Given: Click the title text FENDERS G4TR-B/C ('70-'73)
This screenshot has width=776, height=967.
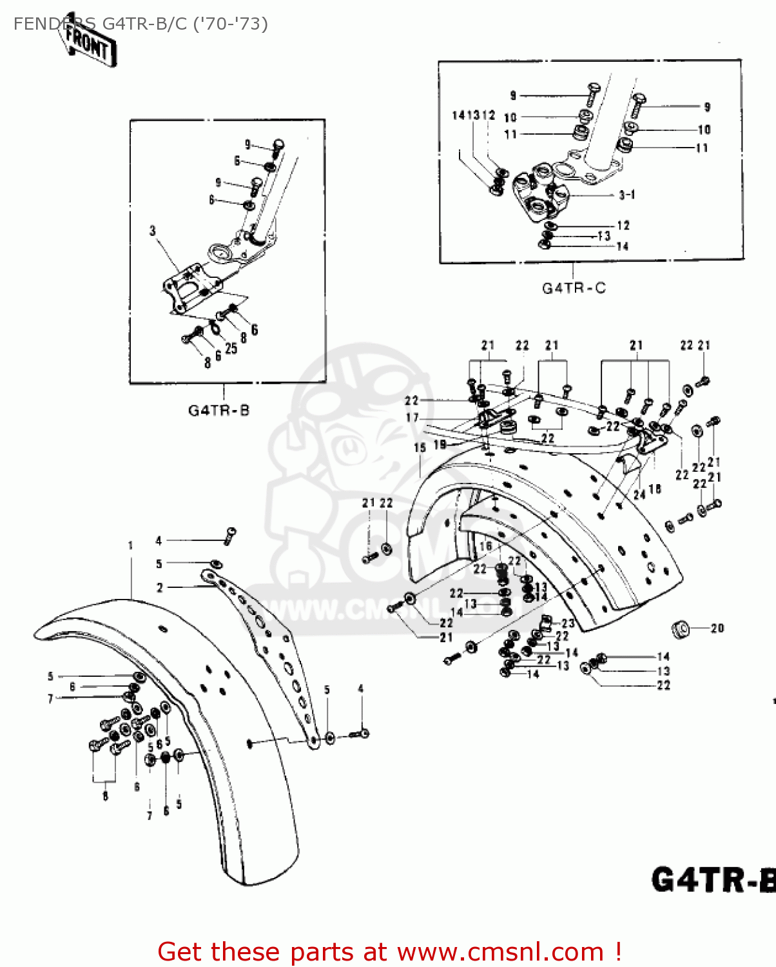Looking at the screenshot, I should (141, 24).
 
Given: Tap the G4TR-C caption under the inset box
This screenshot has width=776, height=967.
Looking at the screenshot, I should (573, 288).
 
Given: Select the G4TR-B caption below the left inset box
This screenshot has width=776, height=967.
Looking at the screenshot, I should (218, 410).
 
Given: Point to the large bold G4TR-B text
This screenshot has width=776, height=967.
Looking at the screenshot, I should (712, 880).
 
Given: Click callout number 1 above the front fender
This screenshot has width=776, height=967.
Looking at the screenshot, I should (130, 545).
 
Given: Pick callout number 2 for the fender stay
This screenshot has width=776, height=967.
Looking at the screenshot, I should (160, 587).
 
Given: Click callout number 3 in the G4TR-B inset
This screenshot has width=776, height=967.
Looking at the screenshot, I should (153, 231).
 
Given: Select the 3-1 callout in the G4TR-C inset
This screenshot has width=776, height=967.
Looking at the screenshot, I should (626, 195).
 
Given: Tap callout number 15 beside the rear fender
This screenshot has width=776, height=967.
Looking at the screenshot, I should (420, 447).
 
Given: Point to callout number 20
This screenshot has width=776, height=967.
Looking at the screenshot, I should (717, 628).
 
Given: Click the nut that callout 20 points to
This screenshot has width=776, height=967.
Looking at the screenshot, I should (679, 629).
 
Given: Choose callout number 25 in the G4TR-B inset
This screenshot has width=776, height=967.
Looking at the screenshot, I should (231, 348).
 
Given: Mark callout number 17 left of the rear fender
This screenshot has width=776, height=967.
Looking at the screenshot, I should (412, 418).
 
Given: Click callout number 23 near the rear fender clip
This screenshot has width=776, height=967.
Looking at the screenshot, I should (567, 623).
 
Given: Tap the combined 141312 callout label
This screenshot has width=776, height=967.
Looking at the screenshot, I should (473, 115).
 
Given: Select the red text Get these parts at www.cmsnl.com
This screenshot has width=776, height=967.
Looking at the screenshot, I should (389, 952).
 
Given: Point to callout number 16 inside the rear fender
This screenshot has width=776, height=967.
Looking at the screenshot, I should (485, 546).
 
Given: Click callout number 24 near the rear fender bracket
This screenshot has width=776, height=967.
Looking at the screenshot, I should (639, 494).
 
